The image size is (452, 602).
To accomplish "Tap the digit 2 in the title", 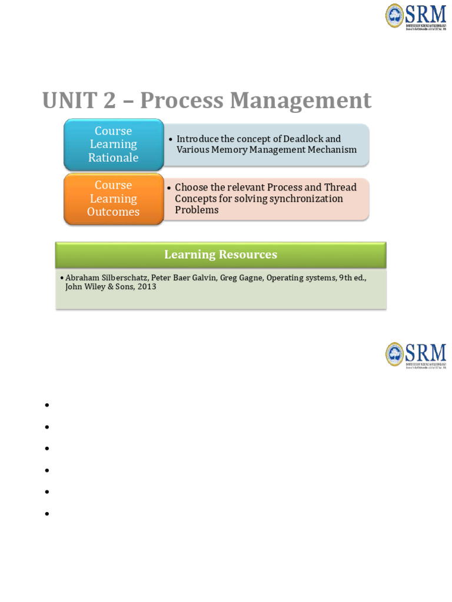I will click(x=109, y=101).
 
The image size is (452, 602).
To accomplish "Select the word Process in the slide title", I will click(x=180, y=101).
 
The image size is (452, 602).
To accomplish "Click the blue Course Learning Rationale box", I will click(x=114, y=145).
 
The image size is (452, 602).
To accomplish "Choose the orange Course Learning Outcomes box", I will click(x=114, y=199).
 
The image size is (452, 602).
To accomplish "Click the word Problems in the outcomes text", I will click(x=197, y=210).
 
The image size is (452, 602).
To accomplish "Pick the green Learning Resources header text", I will click(x=221, y=255).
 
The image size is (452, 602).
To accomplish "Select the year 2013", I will click(x=146, y=287).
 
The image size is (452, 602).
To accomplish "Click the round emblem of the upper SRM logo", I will click(x=395, y=15).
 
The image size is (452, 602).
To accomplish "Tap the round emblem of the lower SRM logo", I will click(x=395, y=354).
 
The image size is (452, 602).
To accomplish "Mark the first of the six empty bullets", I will click(x=46, y=405).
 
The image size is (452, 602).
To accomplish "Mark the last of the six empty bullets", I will click(x=46, y=514).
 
